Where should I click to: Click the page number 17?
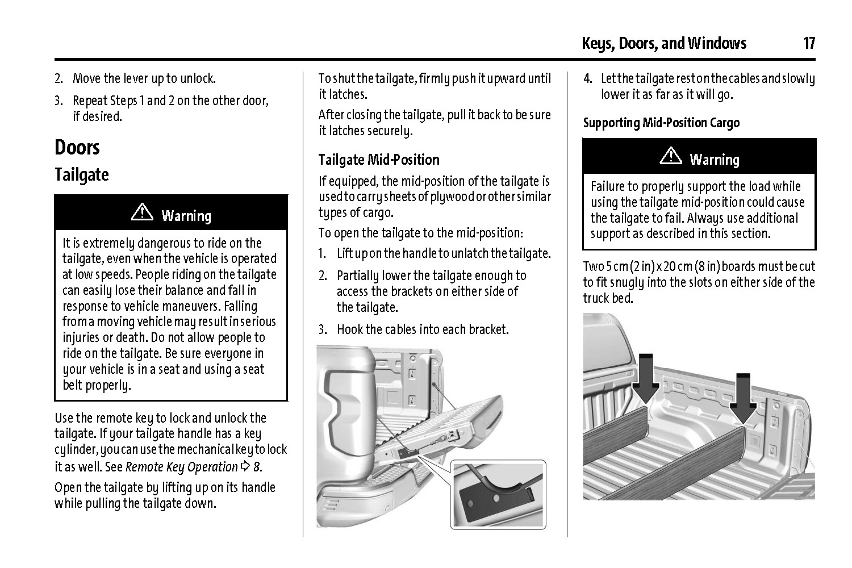[x=809, y=43]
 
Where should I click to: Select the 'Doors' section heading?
[x=77, y=147]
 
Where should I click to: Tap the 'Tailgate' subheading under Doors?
[x=82, y=175]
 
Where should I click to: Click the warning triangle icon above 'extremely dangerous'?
[x=142, y=212]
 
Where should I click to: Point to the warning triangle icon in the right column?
[x=671, y=156]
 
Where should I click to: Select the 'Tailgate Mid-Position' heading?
[x=379, y=160]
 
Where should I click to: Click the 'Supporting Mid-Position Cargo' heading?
[x=662, y=123]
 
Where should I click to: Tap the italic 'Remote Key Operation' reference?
[x=181, y=467]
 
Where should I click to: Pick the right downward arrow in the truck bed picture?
[x=743, y=399]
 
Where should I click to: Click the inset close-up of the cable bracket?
[x=498, y=495]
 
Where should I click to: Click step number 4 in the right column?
[x=588, y=79]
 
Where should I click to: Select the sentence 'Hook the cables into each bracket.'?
[x=423, y=329]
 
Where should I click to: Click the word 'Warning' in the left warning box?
[x=186, y=216]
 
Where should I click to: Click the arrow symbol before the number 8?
[x=246, y=466]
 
